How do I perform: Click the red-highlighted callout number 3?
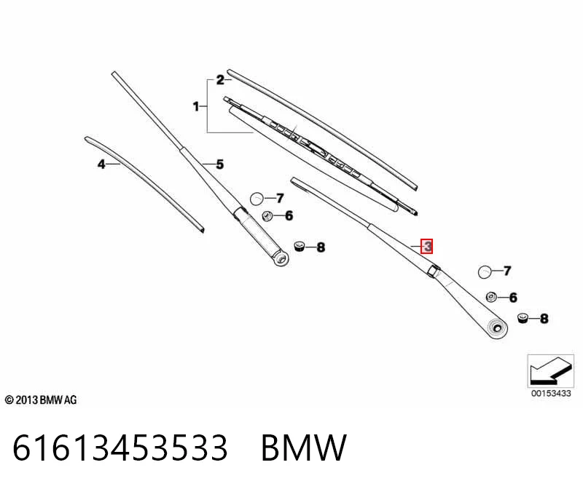(427, 246)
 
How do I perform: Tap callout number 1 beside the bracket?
(196, 106)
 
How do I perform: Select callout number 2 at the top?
(221, 80)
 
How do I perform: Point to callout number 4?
(101, 164)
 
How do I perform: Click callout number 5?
(220, 164)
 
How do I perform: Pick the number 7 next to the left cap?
(280, 198)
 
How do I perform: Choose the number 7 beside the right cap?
(507, 270)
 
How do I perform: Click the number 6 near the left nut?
(289, 215)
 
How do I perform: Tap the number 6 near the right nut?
(513, 297)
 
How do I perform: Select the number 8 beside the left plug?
(321, 247)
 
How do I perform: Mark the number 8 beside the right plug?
(544, 318)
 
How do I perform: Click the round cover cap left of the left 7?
(257, 199)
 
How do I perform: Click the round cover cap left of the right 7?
(485, 272)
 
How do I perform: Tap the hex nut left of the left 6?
(266, 215)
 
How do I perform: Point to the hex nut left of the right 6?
(491, 297)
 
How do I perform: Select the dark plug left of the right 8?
(523, 318)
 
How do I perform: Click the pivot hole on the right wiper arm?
(497, 328)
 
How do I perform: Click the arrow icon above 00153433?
(550, 371)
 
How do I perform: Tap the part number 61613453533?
(120, 448)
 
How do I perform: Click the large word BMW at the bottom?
(304, 448)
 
